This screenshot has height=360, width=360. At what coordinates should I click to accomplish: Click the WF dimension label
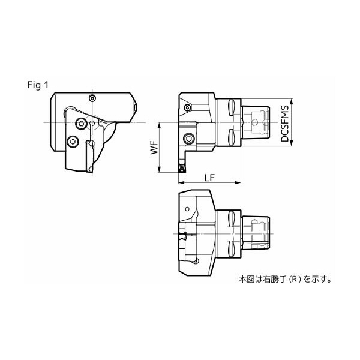154,148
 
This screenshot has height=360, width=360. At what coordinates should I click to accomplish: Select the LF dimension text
211,178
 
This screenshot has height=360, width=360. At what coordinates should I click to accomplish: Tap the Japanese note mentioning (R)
285,279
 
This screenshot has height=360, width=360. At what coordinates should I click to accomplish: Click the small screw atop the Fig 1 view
92,98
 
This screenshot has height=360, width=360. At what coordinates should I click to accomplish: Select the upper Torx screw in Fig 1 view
81,124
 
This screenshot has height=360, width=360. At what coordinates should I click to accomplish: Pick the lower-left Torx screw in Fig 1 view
73,142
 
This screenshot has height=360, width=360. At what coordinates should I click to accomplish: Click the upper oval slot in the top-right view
231,108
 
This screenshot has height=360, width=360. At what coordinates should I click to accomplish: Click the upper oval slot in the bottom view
231,220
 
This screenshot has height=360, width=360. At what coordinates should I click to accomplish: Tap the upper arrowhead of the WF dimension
159,124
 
